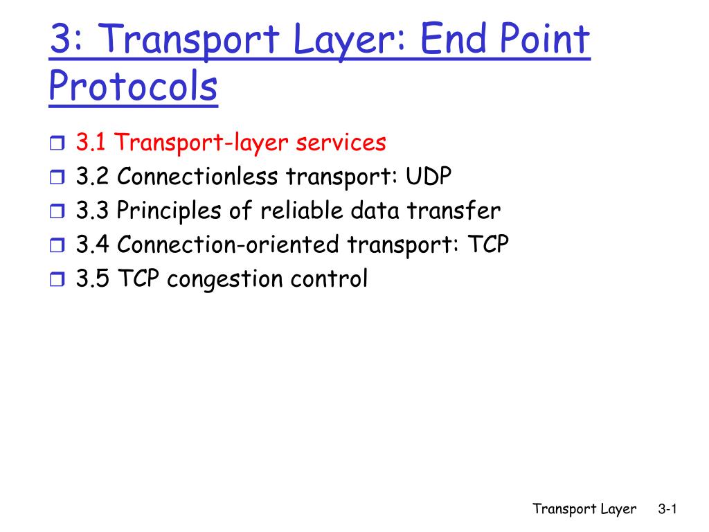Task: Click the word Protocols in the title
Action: [x=133, y=87]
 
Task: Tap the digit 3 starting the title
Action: [x=61, y=39]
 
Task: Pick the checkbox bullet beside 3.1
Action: [x=57, y=143]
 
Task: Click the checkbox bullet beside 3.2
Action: [x=57, y=177]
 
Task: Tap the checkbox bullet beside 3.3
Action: [x=57, y=211]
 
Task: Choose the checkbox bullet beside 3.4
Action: [x=57, y=245]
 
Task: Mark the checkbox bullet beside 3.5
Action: [x=57, y=278]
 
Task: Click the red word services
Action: [x=341, y=143]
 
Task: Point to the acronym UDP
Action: [x=428, y=176]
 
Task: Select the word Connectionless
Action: [x=197, y=176]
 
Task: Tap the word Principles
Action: [x=169, y=211]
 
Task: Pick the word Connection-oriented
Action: [x=228, y=245]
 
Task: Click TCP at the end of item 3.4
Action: [x=488, y=245]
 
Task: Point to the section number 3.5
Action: [x=92, y=278]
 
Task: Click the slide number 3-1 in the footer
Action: [x=667, y=509]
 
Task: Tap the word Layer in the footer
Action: [x=618, y=510]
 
